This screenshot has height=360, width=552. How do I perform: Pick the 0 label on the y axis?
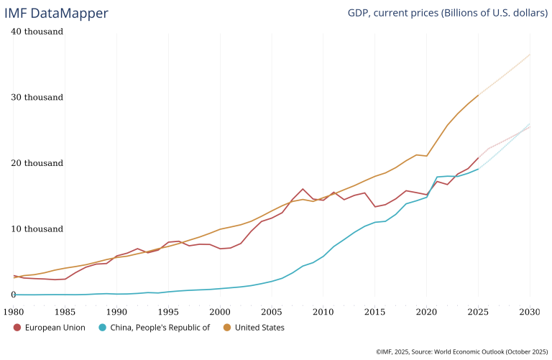[x=14, y=295]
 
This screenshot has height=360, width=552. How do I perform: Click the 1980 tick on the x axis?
[x=14, y=312]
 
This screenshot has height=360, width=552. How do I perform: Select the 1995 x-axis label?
[x=168, y=312]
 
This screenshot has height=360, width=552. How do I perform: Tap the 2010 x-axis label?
[x=323, y=312]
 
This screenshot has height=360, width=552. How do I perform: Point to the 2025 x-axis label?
[x=478, y=312]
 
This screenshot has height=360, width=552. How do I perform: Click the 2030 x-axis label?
[x=530, y=312]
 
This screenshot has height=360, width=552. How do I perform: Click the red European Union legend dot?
[x=17, y=328]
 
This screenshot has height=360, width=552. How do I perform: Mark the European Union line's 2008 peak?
[x=303, y=189]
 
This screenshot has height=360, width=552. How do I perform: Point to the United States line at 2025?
[x=478, y=96]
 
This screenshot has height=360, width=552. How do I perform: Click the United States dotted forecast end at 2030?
[x=530, y=55]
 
